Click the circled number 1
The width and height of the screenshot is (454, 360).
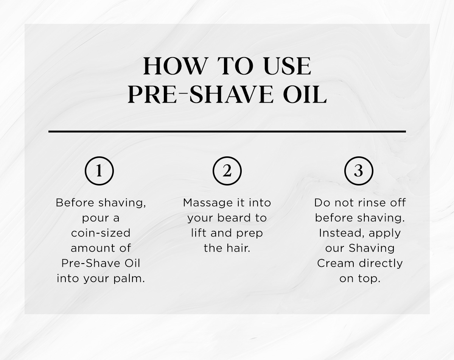click(99, 171)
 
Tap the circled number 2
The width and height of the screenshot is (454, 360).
click(227, 171)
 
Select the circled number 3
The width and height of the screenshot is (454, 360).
click(359, 171)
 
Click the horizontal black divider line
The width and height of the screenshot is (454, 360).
click(227, 131)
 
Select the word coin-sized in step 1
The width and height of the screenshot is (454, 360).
click(101, 233)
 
